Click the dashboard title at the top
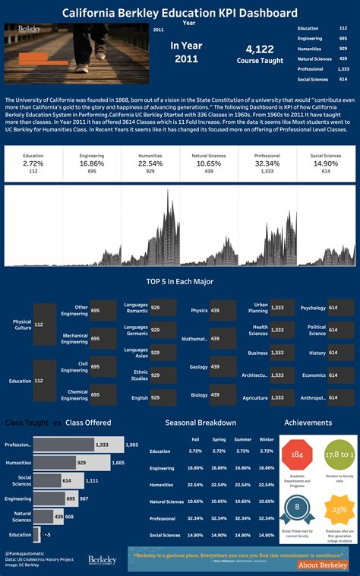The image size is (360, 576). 180,13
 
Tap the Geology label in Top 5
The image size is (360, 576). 198,366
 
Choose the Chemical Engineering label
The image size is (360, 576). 74,395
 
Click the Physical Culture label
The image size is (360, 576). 22,325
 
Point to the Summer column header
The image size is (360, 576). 243,439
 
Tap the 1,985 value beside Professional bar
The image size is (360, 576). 131,445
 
